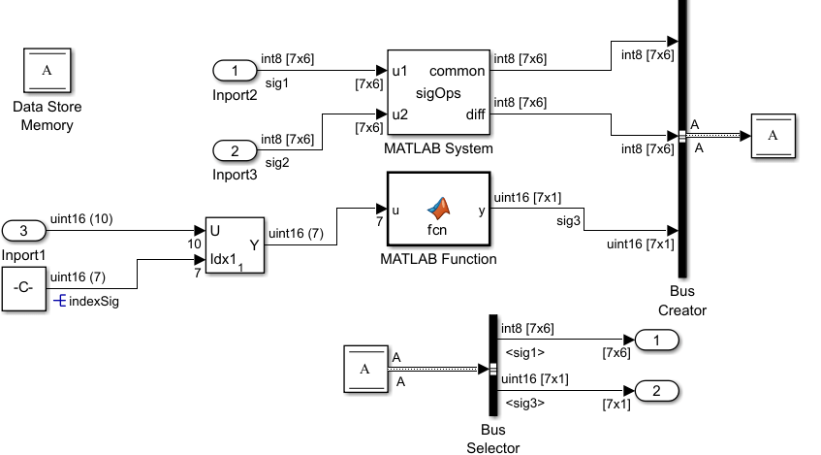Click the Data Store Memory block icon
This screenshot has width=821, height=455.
tap(47, 71)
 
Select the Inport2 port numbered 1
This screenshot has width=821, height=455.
tap(235, 71)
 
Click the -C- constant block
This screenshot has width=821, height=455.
tap(24, 288)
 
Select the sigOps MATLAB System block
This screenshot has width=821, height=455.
tap(438, 94)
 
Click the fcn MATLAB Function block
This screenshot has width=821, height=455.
tap(438, 210)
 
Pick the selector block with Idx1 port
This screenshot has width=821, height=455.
tap(235, 244)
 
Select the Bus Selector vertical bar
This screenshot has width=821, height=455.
tap(492, 368)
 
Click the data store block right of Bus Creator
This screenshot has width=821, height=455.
tap(773, 137)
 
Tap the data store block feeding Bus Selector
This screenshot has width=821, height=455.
tap(365, 369)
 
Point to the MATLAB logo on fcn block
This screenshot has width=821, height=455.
tap(440, 207)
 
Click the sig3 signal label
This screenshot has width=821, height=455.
tap(568, 221)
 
